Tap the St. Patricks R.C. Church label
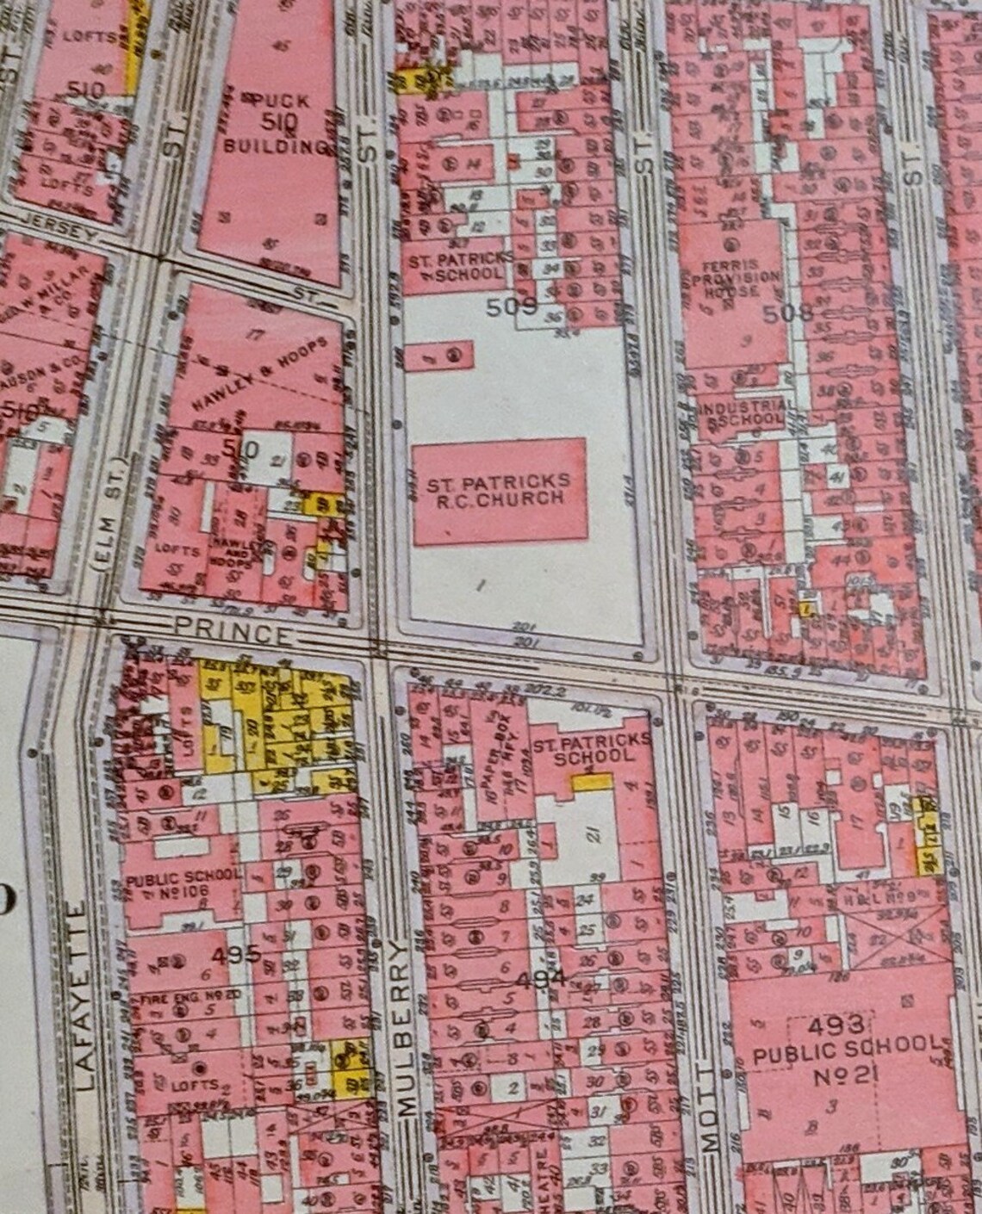point(499,490)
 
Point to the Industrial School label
point(743,413)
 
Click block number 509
point(512,305)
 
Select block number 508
point(787,312)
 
